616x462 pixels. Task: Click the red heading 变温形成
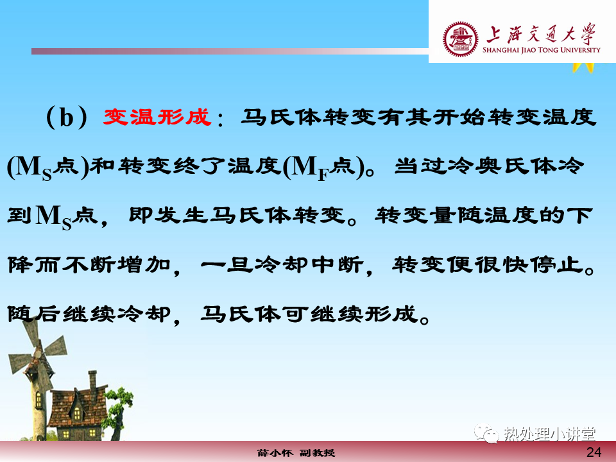click(x=157, y=117)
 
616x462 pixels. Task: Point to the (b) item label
click(x=66, y=117)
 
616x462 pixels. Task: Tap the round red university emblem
click(x=461, y=39)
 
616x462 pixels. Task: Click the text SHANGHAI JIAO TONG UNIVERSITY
click(x=542, y=50)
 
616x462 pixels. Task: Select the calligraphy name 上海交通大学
click(x=541, y=34)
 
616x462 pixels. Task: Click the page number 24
click(x=594, y=452)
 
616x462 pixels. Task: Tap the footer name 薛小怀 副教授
click(x=296, y=453)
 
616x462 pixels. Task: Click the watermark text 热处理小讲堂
click(x=549, y=434)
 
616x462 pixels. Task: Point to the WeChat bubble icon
click(x=486, y=433)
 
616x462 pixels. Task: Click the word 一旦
click(x=227, y=265)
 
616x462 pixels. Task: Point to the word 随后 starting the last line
click(x=34, y=314)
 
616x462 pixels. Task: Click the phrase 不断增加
click(x=116, y=265)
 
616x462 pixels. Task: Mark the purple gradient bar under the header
click(x=230, y=51)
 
